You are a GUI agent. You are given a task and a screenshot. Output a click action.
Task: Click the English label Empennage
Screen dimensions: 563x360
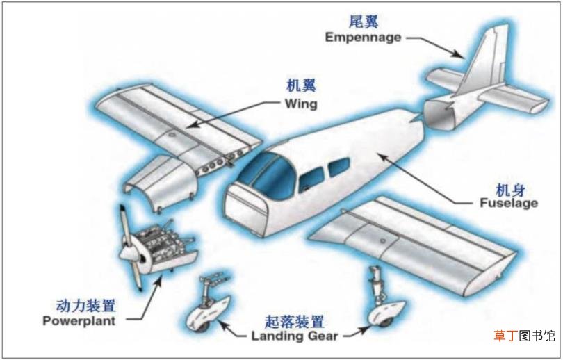pyautogui.click(x=363, y=38)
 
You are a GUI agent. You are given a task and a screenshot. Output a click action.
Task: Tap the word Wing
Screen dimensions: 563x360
pyautogui.click(x=301, y=104)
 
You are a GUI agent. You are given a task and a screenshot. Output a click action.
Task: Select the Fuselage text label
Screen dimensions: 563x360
pyautogui.click(x=509, y=203)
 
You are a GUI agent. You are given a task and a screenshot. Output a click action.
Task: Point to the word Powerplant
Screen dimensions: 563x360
pyautogui.click(x=79, y=320)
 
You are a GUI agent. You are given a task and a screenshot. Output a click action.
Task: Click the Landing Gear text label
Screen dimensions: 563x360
pyautogui.click(x=295, y=336)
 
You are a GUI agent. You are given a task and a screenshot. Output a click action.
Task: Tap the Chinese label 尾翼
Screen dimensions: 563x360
pyautogui.click(x=364, y=22)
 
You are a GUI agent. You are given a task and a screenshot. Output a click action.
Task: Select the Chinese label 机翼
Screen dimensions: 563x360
pyautogui.click(x=301, y=85)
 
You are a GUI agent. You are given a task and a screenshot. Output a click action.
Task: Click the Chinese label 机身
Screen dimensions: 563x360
pyautogui.click(x=510, y=190)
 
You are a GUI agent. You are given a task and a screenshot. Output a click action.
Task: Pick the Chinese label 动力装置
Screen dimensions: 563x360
pyautogui.click(x=85, y=306)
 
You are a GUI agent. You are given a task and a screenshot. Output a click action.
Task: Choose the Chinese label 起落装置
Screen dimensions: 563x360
pyautogui.click(x=294, y=322)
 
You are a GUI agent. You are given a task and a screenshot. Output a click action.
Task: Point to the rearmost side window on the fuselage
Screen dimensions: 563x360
pyautogui.click(x=339, y=167)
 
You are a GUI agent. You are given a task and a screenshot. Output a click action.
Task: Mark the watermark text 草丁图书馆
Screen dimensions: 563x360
pyautogui.click(x=525, y=336)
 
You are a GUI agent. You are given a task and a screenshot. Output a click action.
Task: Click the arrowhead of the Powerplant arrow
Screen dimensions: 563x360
pyautogui.click(x=158, y=280)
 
